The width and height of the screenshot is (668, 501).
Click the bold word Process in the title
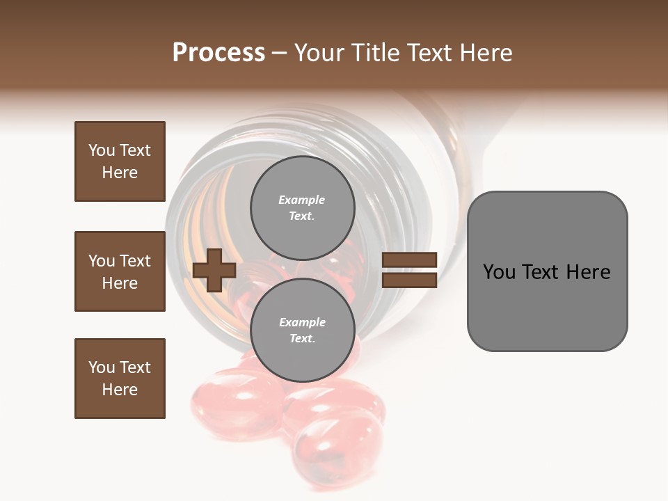pyautogui.click(x=218, y=53)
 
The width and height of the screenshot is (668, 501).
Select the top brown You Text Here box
pyautogui.click(x=120, y=161)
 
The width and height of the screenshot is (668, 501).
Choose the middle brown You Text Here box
pyautogui.click(x=120, y=271)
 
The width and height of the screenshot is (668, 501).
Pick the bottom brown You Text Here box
pyautogui.click(x=120, y=379)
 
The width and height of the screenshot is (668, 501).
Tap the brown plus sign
pyautogui.click(x=214, y=270)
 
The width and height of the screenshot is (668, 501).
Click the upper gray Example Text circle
pyautogui.click(x=302, y=207)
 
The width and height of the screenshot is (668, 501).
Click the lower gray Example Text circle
pyautogui.click(x=302, y=330)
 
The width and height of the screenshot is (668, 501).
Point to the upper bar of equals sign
pyautogui.click(x=410, y=260)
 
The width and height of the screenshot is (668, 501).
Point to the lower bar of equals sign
pyautogui.click(x=410, y=280)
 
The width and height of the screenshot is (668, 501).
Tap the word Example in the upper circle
pyautogui.click(x=302, y=200)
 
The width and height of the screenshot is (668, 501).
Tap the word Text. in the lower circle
pyautogui.click(x=302, y=339)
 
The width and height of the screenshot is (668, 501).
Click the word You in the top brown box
pyautogui.click(x=101, y=150)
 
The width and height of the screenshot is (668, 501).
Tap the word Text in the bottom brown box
pyautogui.click(x=134, y=367)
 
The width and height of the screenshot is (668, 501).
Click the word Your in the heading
pyautogui.click(x=319, y=53)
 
